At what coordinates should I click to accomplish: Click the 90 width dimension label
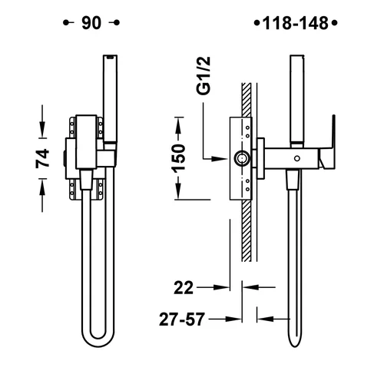pyautogui.click(x=91, y=23)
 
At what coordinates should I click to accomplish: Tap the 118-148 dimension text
pyautogui.click(x=296, y=23)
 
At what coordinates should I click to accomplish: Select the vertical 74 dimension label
pyautogui.click(x=42, y=158)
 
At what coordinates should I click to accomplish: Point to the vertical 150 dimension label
pyautogui.click(x=178, y=158)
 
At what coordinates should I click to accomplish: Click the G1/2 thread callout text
pyautogui.click(x=204, y=76)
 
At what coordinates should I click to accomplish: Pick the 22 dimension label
pyautogui.click(x=184, y=287)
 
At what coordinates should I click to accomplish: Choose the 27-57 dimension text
pyautogui.click(x=182, y=319)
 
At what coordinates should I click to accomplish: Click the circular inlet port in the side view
pyautogui.click(x=241, y=159)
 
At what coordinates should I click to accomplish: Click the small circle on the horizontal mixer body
pyautogui.click(x=297, y=158)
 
